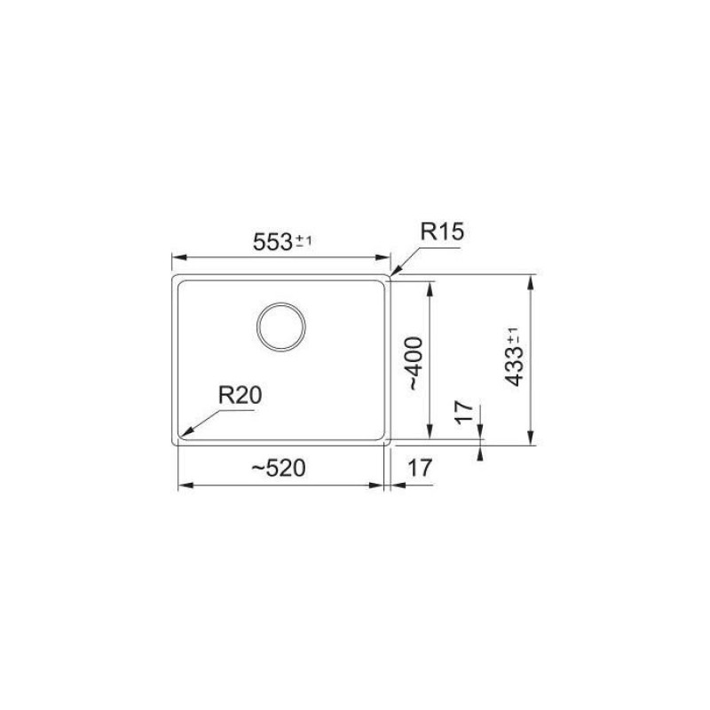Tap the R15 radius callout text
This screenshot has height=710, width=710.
[x=442, y=233]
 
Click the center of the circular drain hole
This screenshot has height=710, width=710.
[x=281, y=327]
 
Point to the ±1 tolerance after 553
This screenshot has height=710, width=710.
[x=303, y=241]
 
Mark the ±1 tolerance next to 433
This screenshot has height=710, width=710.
[x=513, y=337]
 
